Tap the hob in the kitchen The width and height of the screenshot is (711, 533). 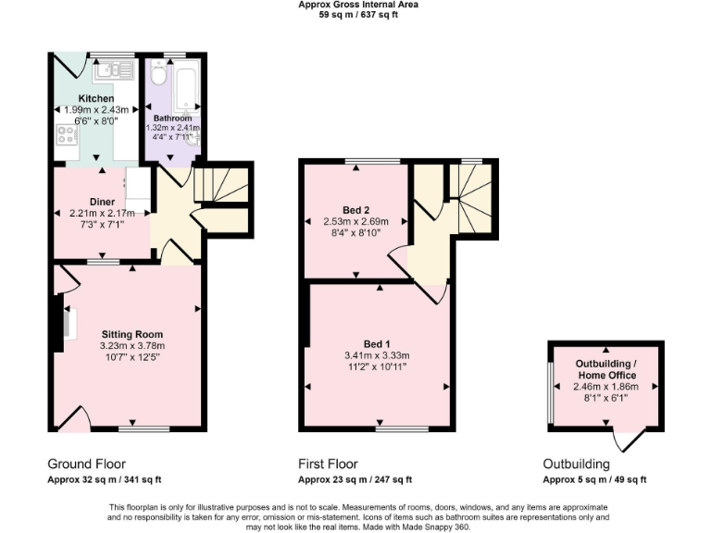coord(67,137)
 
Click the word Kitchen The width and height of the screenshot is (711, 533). coord(96,98)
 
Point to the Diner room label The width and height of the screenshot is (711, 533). coord(102,201)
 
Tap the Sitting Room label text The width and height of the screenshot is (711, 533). coord(131,334)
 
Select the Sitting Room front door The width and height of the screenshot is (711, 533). coord(74,418)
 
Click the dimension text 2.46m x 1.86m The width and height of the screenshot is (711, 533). coord(605,387)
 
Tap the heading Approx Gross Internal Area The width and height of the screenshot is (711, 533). coord(357,5)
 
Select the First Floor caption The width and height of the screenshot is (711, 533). coord(328,464)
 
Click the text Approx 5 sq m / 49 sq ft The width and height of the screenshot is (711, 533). coord(594,479)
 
